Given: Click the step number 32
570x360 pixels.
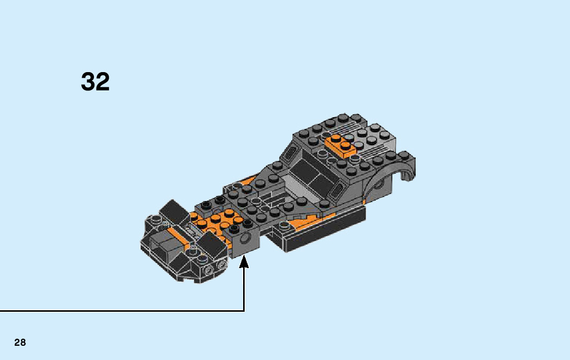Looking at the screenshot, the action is pyautogui.click(x=95, y=81).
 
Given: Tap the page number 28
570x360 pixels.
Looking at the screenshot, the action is pyautogui.click(x=20, y=342).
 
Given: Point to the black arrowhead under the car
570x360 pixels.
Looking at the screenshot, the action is pyautogui.click(x=245, y=262).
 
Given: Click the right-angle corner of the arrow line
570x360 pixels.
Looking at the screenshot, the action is pyautogui.click(x=244, y=310).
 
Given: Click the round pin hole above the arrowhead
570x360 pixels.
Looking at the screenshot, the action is pyautogui.click(x=245, y=240).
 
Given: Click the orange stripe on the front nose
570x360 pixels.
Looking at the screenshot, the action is pyautogui.click(x=178, y=235).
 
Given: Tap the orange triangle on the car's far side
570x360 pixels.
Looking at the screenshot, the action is pyautogui.click(x=249, y=181).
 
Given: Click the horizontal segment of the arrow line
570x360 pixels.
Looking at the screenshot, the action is pyautogui.click(x=122, y=310).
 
